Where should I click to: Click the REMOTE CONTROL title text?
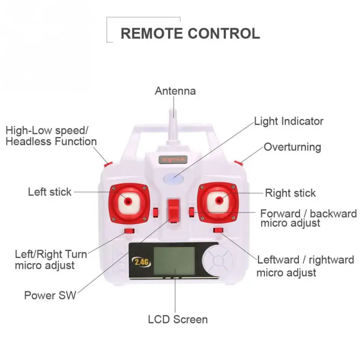click(x=190, y=33)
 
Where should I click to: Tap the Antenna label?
click(x=175, y=91)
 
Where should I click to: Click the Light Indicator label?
click(x=288, y=121)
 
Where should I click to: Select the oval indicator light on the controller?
click(x=173, y=179)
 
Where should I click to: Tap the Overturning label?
click(x=292, y=147)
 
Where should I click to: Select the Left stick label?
click(x=49, y=192)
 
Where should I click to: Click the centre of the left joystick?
click(x=128, y=200)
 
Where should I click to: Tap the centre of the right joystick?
click(x=219, y=199)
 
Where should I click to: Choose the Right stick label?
click(x=290, y=193)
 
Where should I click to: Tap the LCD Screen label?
click(x=178, y=319)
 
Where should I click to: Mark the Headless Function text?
click(x=51, y=141)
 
